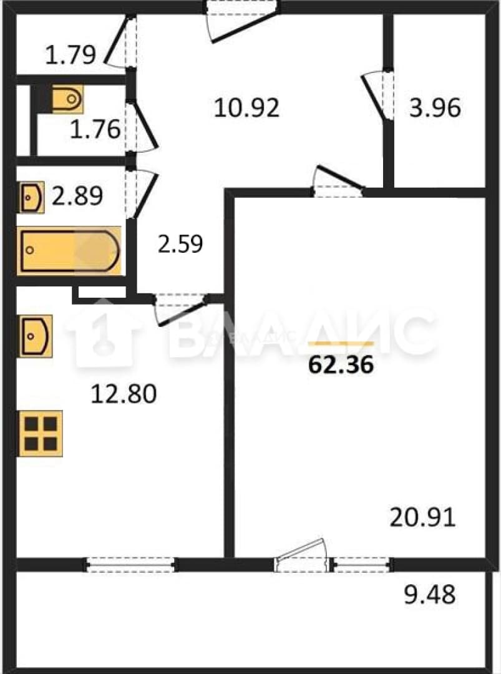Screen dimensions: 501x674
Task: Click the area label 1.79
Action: (x=71, y=55)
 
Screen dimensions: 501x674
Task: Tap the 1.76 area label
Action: (x=95, y=129)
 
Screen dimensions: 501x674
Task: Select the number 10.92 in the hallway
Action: (x=246, y=107)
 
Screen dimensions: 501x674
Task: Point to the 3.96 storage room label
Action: (x=435, y=107)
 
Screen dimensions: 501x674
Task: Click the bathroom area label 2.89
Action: (x=77, y=196)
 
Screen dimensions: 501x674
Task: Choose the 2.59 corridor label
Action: (x=180, y=244)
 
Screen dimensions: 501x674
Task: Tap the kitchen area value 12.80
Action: (x=124, y=394)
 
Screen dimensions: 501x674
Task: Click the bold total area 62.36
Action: (x=341, y=365)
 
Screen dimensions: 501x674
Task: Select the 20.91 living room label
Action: (x=422, y=517)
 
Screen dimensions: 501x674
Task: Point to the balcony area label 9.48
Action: (x=430, y=595)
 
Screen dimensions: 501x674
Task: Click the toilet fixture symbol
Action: (x=68, y=99)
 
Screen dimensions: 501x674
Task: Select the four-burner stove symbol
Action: (x=40, y=433)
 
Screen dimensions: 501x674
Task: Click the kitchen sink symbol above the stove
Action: (x=36, y=336)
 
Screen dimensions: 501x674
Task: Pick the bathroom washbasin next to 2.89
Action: (x=32, y=197)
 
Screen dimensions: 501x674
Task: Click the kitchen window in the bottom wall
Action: (x=130, y=564)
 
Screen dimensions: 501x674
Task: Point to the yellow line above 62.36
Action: (x=341, y=343)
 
